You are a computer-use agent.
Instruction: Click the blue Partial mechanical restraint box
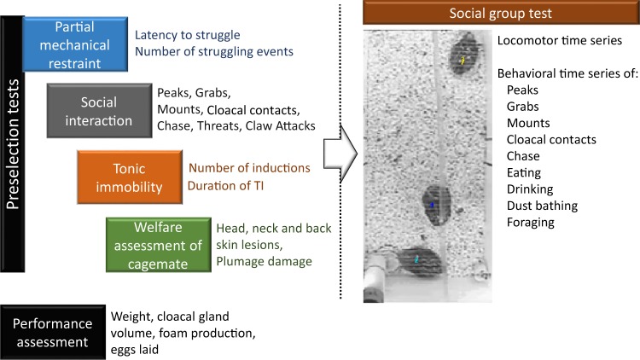point(75,44)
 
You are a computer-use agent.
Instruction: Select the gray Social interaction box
point(99,111)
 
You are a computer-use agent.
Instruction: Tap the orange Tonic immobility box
point(130,177)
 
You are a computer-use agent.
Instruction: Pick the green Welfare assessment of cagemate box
point(159,245)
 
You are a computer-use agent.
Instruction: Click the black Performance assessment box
point(53,332)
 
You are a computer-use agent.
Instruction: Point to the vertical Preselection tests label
point(12,144)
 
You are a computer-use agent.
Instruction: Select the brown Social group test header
point(501,13)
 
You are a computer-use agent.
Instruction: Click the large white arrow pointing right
point(340,154)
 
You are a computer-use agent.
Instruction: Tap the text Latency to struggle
point(188,36)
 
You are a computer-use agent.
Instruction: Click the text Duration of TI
point(226,186)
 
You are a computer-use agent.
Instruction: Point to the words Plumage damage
point(264,262)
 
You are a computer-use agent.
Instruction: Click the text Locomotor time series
point(560,40)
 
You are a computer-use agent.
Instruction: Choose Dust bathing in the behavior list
point(542,206)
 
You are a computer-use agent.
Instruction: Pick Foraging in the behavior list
point(531,223)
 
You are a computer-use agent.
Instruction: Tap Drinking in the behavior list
point(530,189)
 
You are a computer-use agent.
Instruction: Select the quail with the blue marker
point(436,205)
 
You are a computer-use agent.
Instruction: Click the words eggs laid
point(135,350)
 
